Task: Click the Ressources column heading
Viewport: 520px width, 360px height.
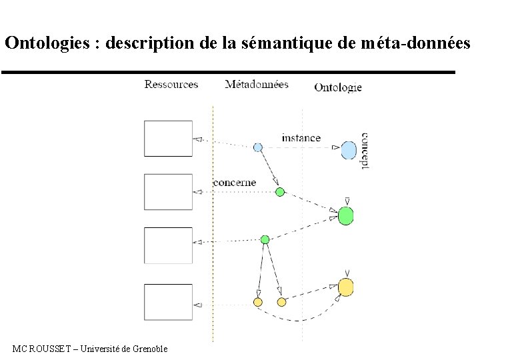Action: pos(171,85)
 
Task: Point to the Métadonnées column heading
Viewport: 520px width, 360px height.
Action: pos(257,85)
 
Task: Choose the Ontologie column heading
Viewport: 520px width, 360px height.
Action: pos(337,87)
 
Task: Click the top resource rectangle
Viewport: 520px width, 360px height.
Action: pos(168,138)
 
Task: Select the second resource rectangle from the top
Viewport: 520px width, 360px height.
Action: pos(168,191)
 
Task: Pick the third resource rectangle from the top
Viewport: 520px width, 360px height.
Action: pos(168,245)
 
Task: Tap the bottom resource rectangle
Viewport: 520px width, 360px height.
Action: pos(168,302)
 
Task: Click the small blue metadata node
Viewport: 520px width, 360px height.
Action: pos(258,147)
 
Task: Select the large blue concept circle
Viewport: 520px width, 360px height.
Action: pos(348,150)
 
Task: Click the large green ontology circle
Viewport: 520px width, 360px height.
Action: pos(345,216)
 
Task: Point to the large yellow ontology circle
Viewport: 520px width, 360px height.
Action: pos(345,287)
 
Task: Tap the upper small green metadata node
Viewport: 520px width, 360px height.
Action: pos(280,192)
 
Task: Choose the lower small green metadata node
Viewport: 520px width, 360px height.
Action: pos(265,239)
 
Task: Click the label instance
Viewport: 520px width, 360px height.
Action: pos(301,138)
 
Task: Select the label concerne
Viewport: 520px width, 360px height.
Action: pos(234,183)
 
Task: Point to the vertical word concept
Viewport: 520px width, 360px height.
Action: pos(365,150)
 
